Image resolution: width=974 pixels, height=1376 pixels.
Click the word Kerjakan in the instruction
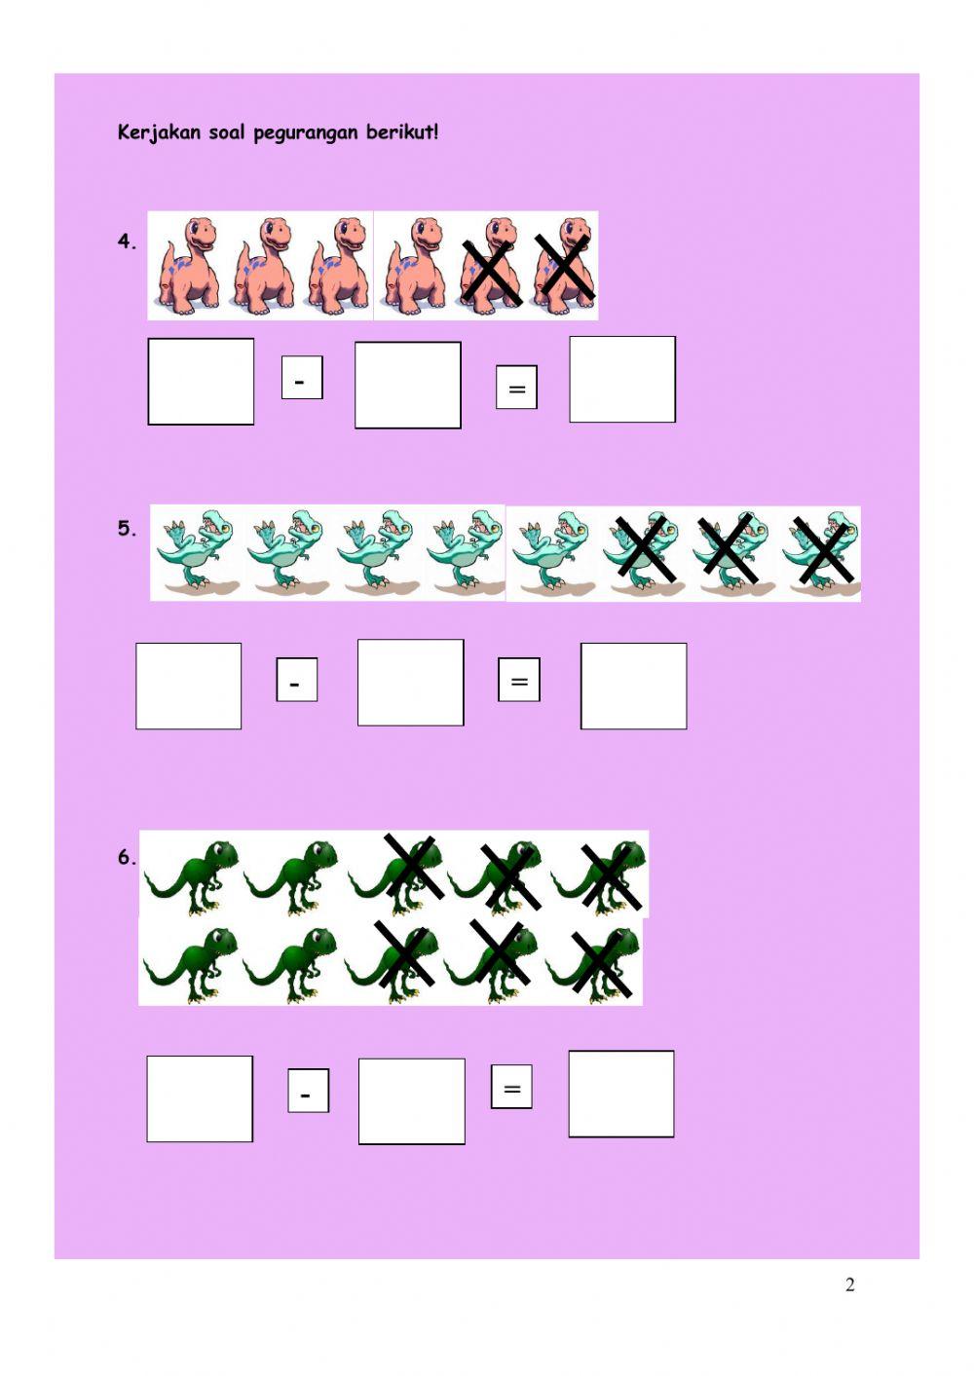(158, 132)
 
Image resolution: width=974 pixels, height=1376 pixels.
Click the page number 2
(849, 1284)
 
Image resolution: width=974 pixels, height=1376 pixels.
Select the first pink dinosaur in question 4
(187, 266)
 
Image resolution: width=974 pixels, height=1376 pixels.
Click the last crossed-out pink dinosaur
(564, 266)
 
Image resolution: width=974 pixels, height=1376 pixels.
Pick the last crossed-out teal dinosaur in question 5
(821, 552)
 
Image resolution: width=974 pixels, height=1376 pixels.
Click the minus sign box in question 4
(302, 378)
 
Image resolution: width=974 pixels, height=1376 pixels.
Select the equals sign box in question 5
(519, 680)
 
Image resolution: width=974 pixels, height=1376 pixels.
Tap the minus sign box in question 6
(308, 1091)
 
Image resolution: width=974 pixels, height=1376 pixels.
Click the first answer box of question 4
(201, 382)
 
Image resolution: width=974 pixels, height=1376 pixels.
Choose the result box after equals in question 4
(622, 380)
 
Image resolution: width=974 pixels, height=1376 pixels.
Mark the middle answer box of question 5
(411, 683)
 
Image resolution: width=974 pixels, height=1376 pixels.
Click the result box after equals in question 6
(621, 1094)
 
